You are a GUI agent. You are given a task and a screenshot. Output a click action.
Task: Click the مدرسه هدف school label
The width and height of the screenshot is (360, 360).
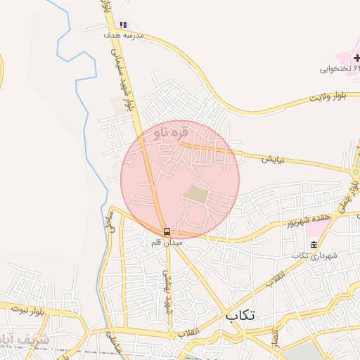point(123,34)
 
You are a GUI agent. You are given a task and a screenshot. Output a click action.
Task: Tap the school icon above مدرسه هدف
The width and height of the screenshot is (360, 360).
point(124,24)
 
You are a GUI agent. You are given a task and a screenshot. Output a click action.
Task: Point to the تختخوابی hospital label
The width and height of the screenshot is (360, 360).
point(340,69)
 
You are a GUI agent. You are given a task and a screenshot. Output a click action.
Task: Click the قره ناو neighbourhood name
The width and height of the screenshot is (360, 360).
point(171,131)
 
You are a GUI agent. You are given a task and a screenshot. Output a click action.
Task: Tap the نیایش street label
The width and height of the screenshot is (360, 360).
point(273,160)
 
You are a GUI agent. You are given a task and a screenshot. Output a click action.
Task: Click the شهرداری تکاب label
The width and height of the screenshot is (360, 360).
point(314,255)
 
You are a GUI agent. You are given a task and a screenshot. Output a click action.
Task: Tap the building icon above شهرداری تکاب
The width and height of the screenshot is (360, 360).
point(314,245)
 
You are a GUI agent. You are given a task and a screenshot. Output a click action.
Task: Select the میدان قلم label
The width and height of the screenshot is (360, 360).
point(167,242)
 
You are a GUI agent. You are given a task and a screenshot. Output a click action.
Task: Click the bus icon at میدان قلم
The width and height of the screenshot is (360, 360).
point(167,231)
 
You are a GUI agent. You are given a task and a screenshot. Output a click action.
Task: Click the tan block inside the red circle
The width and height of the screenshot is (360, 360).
point(196,193)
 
